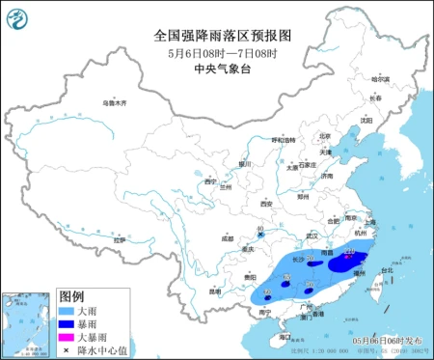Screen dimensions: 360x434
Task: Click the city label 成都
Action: [x=227, y=237]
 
